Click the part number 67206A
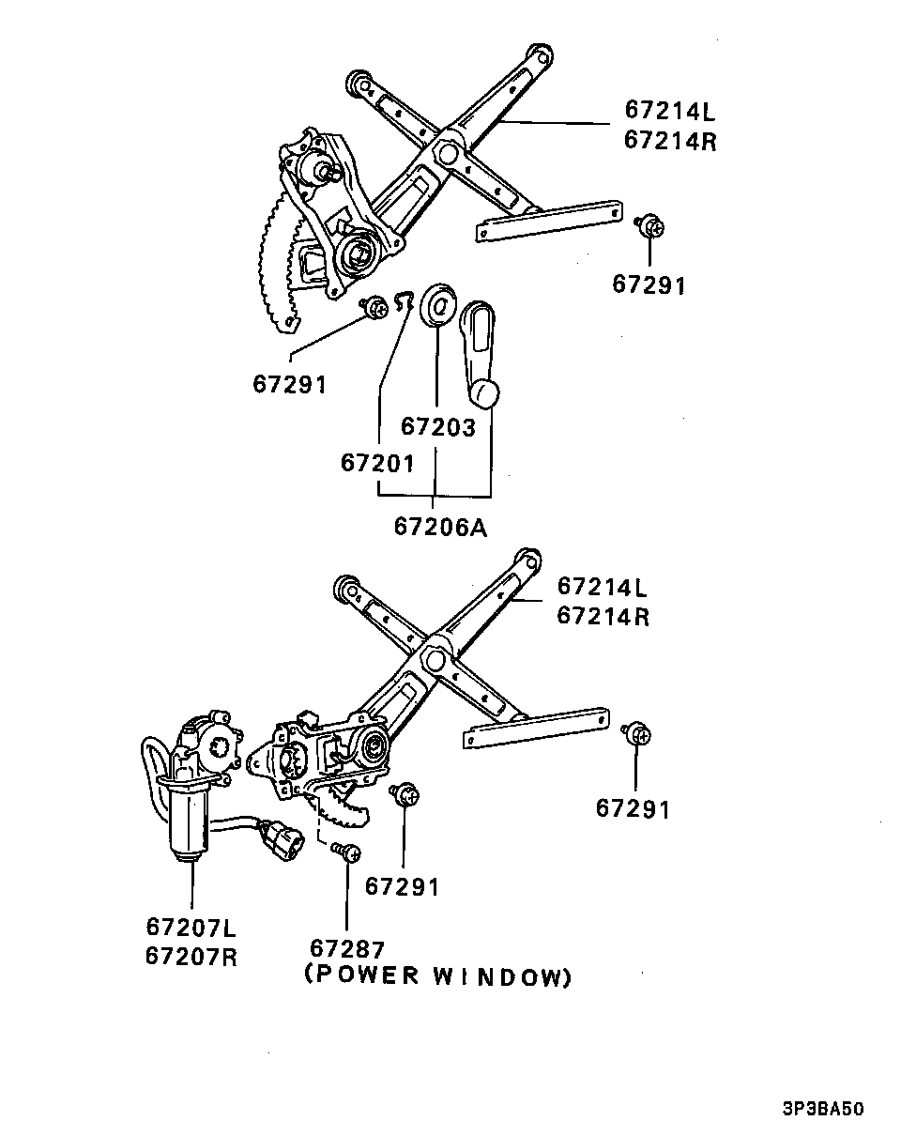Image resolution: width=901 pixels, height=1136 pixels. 440,527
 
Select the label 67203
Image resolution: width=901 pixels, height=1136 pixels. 438,426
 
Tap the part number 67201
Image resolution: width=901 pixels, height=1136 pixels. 376,463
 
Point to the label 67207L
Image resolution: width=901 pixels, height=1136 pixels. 191,928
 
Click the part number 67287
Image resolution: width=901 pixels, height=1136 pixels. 347,948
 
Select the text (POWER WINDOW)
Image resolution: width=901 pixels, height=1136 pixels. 437,976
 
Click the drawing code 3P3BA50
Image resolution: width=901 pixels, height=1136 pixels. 822,1109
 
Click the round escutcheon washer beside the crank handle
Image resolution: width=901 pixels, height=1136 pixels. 438,305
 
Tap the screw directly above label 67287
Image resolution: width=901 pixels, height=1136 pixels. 348,852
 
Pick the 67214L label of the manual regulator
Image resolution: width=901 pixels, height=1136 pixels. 669,111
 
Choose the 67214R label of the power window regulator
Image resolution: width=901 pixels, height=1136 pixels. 602,616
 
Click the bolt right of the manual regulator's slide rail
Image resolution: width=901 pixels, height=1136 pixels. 649,226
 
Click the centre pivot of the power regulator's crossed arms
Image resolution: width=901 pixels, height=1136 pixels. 435,658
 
